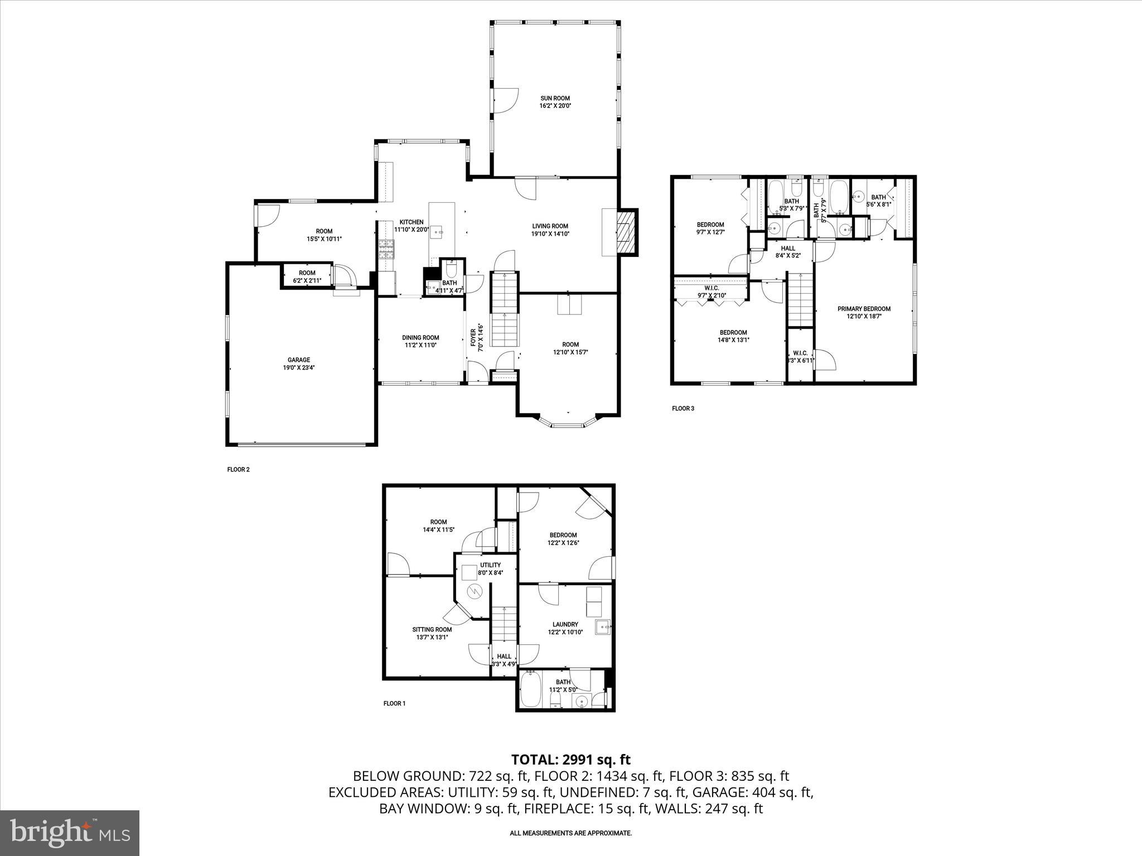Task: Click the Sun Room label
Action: coord(555,98)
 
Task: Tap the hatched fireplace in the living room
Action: coord(627,231)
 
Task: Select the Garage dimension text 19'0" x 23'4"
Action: coord(299,368)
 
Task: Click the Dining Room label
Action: coord(420,338)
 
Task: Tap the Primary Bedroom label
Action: coord(864,309)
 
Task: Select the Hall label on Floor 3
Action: coord(788,249)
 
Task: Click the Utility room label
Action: coord(490,565)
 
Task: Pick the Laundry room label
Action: coord(565,625)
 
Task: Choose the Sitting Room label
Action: coord(432,630)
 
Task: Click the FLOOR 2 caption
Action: coord(238,469)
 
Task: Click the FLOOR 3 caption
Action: coord(683,408)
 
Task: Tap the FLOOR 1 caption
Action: coord(394,703)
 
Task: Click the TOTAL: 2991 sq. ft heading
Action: coord(570,760)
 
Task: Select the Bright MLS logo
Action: coord(70,833)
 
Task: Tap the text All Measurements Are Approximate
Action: coord(570,833)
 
